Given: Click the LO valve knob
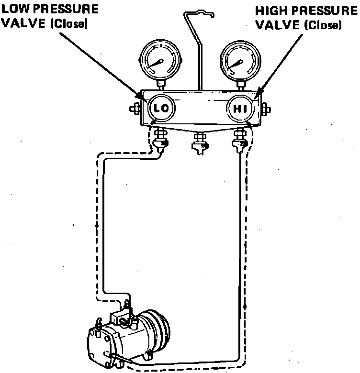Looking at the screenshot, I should coord(160,109).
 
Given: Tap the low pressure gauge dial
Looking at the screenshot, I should coord(159,61).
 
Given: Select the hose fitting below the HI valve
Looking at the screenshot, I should coord(239,139).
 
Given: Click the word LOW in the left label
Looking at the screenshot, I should coord(17,9).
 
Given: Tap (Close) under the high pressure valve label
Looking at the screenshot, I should coord(324,24).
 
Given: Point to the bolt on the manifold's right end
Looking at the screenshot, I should coord(265,108).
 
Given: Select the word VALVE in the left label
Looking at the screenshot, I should coord(24,23).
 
